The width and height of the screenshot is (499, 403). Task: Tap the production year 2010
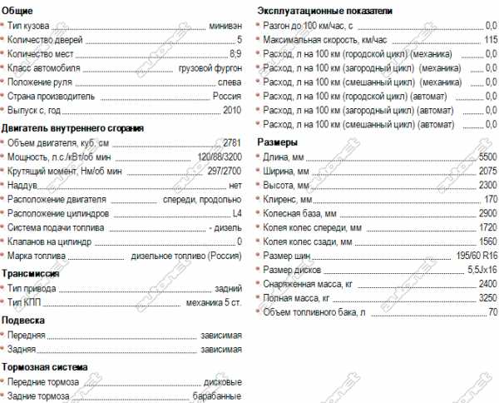point(232,111)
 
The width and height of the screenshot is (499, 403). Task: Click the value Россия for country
point(227,97)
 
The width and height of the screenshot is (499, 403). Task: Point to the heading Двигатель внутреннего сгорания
point(72,128)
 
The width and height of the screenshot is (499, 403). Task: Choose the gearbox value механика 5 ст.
point(213,301)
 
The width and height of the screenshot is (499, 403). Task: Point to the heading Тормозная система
point(44,367)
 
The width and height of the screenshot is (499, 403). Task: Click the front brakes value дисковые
point(222,382)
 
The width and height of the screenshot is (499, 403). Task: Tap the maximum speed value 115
point(491,40)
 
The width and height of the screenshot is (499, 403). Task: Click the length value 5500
point(489,157)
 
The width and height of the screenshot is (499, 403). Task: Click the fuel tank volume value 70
point(493,312)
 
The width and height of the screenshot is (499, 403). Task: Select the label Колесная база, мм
point(299,213)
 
